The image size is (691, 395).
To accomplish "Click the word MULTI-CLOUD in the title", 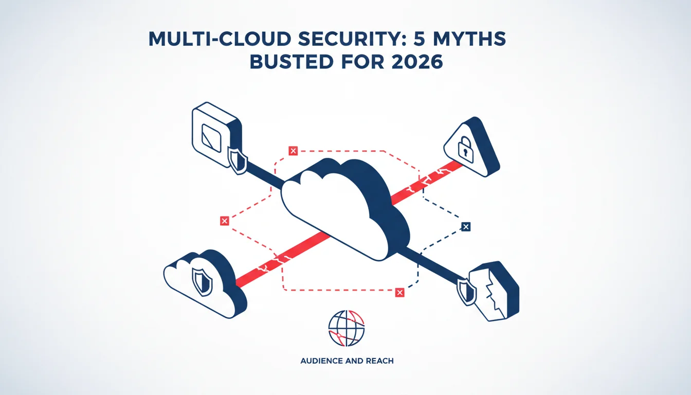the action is click(220, 39).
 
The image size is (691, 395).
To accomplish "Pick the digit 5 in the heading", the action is click(419, 39).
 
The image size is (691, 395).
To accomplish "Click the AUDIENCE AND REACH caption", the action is click(347, 361).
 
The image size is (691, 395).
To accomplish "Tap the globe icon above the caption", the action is click(347, 328).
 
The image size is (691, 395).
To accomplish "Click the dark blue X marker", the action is click(466, 227).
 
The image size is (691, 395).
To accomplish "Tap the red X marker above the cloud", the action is click(293, 151).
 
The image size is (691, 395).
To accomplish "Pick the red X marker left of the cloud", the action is click(225, 221).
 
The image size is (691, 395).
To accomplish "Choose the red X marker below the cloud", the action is click(400, 293).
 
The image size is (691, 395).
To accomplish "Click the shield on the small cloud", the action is click(202, 282).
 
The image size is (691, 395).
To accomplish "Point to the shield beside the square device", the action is click(238, 160).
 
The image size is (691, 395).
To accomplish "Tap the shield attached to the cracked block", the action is click(467, 292).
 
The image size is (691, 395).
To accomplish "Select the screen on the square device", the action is click(211, 138).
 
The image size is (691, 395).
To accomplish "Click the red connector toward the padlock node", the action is click(427, 183).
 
